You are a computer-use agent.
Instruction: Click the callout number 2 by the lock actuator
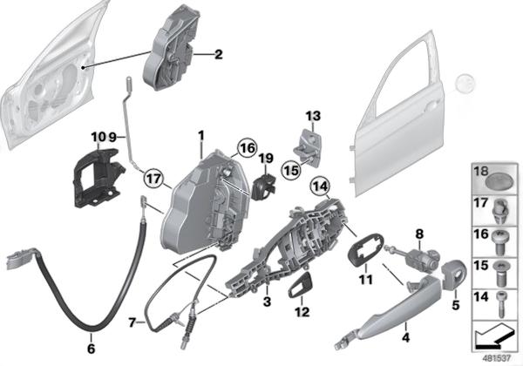(218, 55)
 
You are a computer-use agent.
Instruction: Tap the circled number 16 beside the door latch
(247, 149)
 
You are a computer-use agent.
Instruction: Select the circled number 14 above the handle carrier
(319, 186)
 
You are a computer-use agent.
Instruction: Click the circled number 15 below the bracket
(291, 170)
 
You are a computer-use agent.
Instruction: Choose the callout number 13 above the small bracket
(313, 116)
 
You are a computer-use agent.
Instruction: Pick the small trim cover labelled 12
(302, 284)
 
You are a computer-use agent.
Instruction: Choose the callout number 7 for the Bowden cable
(132, 322)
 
